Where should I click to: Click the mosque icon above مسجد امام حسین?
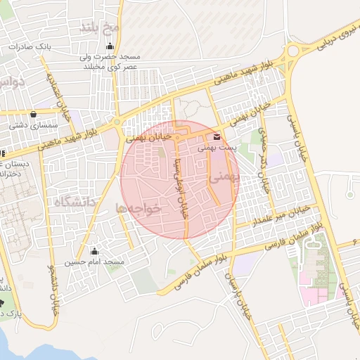[x=95, y=251]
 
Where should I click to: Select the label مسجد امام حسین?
[x=95, y=262]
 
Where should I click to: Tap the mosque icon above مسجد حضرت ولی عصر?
[x=108, y=46]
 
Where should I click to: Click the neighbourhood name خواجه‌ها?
[x=139, y=208]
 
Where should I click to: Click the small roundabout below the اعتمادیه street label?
[x=116, y=122]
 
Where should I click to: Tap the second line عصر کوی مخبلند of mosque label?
[x=110, y=66]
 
